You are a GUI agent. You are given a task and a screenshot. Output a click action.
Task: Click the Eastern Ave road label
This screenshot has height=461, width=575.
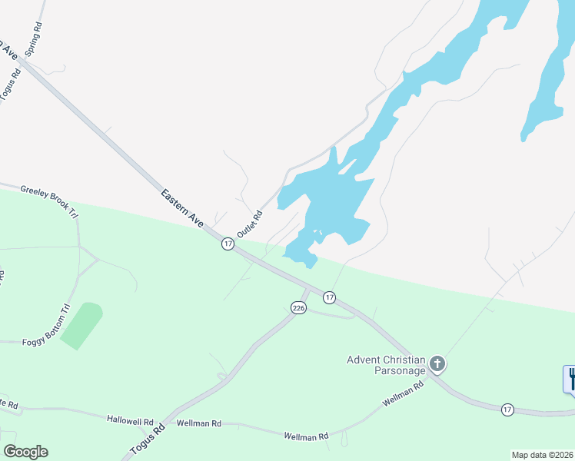click(x=182, y=207)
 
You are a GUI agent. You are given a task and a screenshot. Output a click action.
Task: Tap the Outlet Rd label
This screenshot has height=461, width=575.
click(x=250, y=224)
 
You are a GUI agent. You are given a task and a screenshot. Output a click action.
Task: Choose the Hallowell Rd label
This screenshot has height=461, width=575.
click(x=130, y=421)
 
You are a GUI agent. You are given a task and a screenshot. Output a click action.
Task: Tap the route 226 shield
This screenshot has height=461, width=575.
click(x=299, y=308)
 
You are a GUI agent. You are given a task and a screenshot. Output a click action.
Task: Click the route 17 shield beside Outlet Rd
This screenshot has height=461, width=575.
click(x=228, y=244)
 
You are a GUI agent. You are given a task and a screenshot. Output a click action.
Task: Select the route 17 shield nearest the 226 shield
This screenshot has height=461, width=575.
click(x=329, y=297)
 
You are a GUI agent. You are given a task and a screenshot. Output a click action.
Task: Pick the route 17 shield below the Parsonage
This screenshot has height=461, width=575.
click(x=507, y=409)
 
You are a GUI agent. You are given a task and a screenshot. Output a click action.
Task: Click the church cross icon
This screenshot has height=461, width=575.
click(x=437, y=363)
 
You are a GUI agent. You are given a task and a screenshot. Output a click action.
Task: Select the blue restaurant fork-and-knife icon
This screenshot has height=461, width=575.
click(x=570, y=378)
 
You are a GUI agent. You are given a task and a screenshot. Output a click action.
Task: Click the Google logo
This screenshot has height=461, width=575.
click(x=25, y=452)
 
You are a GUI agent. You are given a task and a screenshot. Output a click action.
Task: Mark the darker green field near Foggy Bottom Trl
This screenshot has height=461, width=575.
click(x=81, y=326)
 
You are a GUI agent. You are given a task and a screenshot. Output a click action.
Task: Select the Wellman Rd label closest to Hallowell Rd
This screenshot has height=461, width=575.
click(x=198, y=423)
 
